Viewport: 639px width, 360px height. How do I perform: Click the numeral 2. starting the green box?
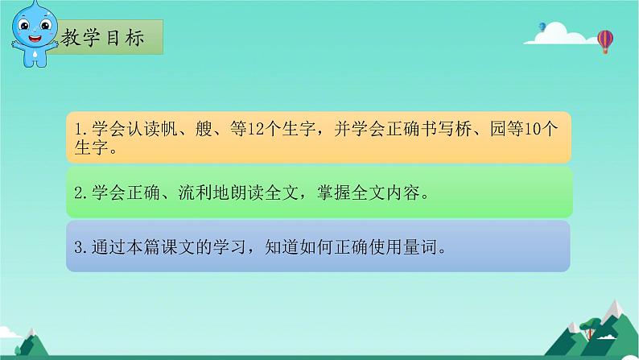click(78, 193)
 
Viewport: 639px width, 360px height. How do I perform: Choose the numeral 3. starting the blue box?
click(78, 247)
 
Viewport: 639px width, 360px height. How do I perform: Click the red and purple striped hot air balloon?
click(605, 40)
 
